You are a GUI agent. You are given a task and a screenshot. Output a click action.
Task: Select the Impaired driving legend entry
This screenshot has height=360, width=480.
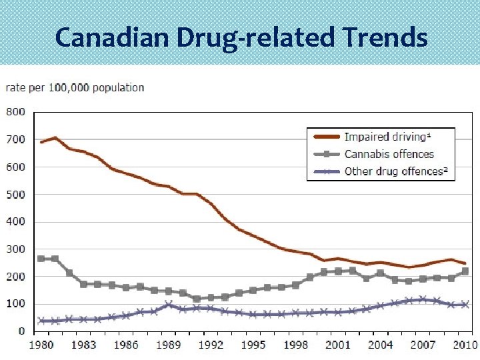[385, 137]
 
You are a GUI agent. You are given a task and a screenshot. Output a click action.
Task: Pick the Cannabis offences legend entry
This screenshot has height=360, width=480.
[389, 154]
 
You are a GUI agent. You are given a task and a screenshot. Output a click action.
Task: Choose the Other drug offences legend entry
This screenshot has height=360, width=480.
[395, 171]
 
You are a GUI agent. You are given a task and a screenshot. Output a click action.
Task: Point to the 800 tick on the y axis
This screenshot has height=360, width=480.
[16, 112]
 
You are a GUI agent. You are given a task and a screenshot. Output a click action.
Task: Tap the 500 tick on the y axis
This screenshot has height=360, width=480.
[16, 194]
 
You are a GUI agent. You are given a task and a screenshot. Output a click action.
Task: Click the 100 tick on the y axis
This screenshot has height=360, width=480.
[16, 303]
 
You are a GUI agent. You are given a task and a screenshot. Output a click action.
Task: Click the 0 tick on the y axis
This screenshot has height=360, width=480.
[21, 331]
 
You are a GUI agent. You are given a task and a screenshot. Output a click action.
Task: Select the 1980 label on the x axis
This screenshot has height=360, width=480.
[41, 345]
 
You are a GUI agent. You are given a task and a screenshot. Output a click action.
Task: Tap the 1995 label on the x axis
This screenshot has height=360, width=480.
[253, 345]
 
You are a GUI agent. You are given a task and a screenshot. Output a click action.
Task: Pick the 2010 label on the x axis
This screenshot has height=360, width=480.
[465, 345]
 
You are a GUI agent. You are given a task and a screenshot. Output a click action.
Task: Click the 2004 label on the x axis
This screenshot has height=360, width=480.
[381, 345]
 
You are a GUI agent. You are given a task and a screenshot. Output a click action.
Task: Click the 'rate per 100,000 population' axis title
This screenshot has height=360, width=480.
[75, 87]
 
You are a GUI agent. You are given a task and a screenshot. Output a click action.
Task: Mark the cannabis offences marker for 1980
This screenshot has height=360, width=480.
[41, 258]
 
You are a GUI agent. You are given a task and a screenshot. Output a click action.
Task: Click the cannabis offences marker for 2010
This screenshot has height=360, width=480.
[465, 271]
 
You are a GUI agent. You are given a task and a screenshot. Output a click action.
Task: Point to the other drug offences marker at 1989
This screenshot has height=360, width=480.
[169, 305]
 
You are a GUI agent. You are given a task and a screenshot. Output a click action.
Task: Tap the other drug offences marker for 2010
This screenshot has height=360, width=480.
[465, 305]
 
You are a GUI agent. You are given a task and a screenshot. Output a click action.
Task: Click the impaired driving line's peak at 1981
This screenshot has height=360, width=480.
[55, 138]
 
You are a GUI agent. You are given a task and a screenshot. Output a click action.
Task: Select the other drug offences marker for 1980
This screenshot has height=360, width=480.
[41, 321]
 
